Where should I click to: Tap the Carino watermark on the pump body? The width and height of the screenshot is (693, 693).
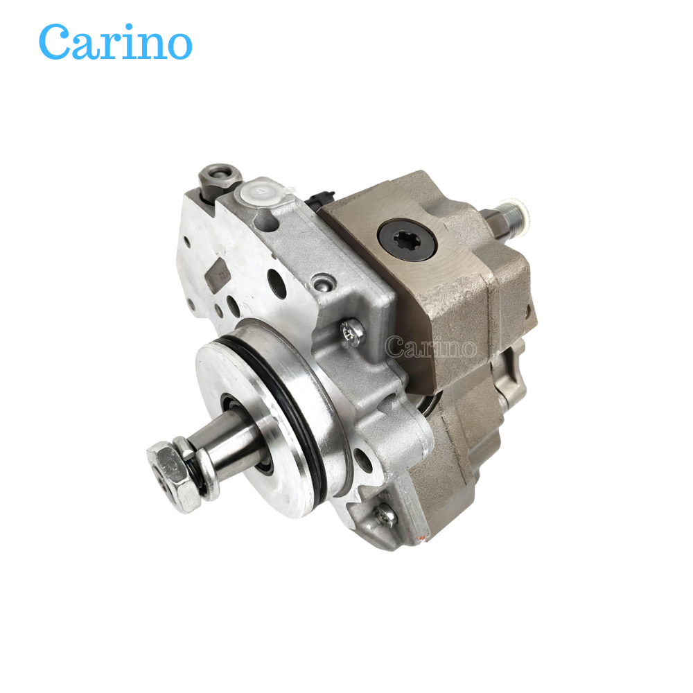pyautogui.click(x=430, y=346)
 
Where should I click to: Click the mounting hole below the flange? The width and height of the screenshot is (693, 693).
pyautogui.click(x=361, y=457)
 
